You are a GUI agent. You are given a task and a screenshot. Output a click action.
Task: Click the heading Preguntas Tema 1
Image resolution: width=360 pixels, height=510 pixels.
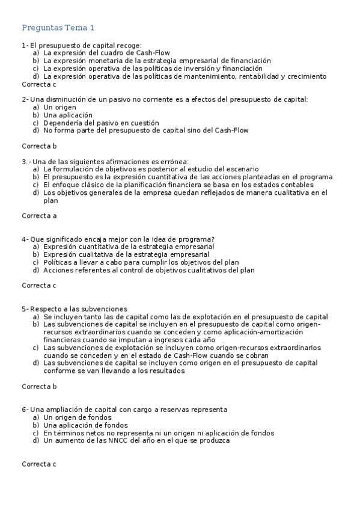(x=58, y=28)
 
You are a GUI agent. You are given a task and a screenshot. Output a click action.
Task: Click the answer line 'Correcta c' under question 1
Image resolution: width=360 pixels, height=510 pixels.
(x=39, y=84)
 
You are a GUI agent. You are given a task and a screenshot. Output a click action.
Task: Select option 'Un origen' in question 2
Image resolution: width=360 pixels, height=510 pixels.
(x=60, y=107)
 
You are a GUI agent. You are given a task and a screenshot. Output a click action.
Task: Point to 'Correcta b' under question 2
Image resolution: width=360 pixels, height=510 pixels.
(x=39, y=146)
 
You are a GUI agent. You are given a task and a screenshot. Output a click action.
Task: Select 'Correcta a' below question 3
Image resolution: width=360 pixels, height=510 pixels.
(x=39, y=215)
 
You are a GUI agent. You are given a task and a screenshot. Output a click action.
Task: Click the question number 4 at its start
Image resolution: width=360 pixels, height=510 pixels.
(x=24, y=239)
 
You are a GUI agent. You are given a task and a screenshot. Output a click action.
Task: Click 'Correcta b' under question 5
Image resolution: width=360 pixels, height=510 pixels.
(x=39, y=386)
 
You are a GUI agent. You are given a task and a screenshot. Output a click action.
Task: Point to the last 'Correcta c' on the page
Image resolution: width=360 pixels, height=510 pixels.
(x=39, y=464)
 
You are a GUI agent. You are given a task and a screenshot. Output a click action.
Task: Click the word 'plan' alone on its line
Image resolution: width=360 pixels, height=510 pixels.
(x=51, y=201)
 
